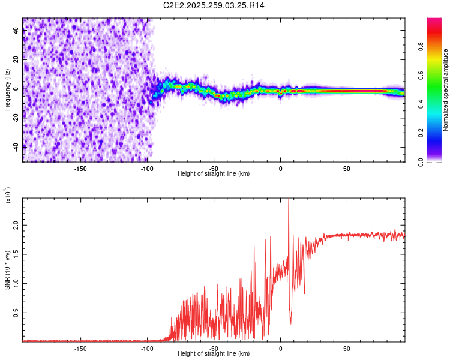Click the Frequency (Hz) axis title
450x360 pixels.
[7, 90]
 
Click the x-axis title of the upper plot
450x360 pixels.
[214, 173]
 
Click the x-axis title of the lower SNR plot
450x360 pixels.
[214, 353]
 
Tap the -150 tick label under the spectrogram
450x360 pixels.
[80, 167]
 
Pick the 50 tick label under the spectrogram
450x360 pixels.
[347, 167]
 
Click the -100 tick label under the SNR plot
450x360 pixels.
[147, 347]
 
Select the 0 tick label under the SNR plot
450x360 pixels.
[280, 347]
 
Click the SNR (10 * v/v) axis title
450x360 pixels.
[7, 270]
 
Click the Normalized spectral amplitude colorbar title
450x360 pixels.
[445, 90]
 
